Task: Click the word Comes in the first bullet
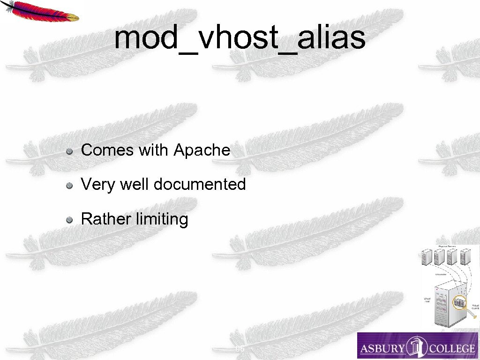[107, 150]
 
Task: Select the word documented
[200, 184]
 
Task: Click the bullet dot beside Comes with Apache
[69, 151]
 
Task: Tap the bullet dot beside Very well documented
[69, 185]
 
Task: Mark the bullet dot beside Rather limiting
[69, 219]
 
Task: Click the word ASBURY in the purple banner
[382, 348]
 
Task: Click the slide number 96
[240, 349]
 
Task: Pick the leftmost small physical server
[427, 257]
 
